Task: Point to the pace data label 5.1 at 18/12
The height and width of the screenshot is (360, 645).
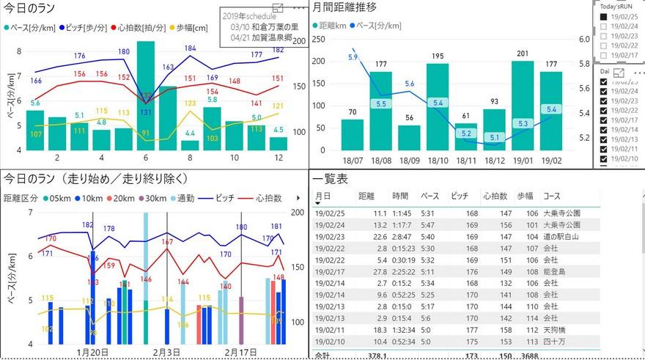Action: tap(494, 137)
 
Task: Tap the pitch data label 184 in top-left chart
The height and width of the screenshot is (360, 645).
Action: tap(190, 48)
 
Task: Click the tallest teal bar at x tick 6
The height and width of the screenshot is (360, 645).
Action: tap(146, 95)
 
